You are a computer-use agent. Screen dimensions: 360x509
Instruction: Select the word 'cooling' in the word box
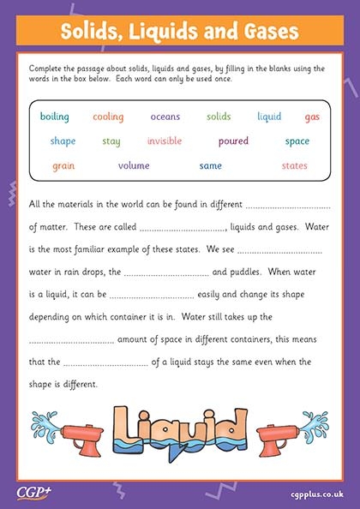[x=108, y=117]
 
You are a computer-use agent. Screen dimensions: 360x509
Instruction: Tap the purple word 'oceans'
[x=165, y=117]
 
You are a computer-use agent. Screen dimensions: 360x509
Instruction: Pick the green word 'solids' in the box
[x=219, y=117]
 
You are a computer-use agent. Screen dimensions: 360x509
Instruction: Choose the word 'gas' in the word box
[x=312, y=117]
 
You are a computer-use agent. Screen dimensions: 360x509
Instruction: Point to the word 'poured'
[x=233, y=141]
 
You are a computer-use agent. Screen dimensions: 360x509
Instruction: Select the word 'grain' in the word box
[x=63, y=165]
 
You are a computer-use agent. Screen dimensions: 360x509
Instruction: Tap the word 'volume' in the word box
[x=134, y=165]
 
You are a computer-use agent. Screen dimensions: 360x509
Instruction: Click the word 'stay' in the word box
[x=111, y=141]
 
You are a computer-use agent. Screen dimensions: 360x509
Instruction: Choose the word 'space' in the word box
[x=297, y=141]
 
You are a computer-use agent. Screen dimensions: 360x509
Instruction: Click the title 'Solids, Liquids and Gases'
[x=180, y=33]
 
